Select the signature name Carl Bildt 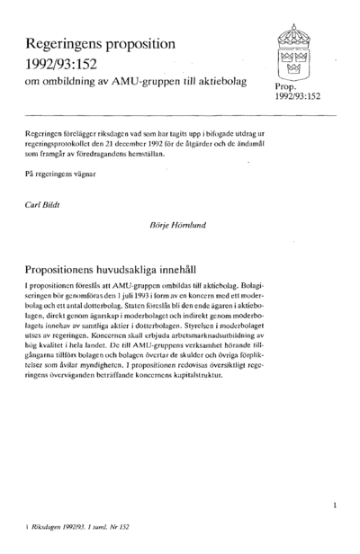click(46, 204)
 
